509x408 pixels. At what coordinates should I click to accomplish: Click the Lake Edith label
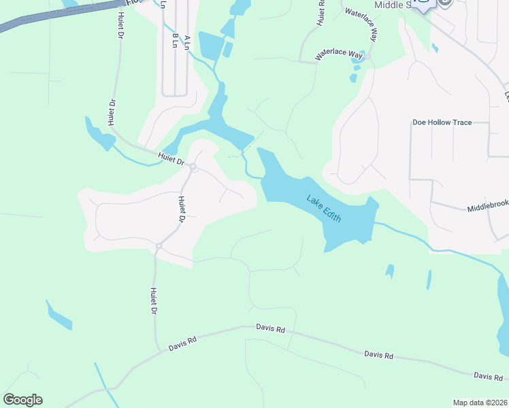click(323, 209)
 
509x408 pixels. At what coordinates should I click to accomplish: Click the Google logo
click(22, 400)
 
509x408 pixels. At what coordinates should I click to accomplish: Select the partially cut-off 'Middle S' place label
click(393, 5)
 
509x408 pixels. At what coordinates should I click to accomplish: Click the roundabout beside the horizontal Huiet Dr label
click(193, 167)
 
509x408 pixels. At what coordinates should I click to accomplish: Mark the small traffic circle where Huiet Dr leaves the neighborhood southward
click(159, 246)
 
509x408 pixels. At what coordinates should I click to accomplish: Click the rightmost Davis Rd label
click(488, 376)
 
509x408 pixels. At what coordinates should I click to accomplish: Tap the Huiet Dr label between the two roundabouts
click(182, 209)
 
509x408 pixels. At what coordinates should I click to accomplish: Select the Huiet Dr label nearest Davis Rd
click(154, 301)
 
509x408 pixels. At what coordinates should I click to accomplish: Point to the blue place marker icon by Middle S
click(424, 5)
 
